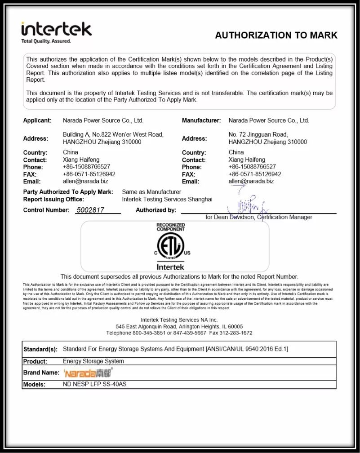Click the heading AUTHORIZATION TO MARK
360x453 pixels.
click(x=276, y=36)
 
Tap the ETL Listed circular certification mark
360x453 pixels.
click(x=170, y=247)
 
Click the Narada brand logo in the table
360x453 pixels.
click(x=88, y=373)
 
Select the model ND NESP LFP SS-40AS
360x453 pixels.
click(x=98, y=384)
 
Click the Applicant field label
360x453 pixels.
click(x=37, y=120)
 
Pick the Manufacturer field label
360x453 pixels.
click(x=201, y=120)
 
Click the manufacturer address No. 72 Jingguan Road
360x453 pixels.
click(x=258, y=134)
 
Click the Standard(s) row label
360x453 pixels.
click(x=40, y=349)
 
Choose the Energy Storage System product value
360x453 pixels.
click(x=93, y=361)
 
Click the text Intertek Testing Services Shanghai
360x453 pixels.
click(x=167, y=199)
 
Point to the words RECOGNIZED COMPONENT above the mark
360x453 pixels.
click(x=170, y=227)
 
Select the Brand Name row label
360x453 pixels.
click(x=41, y=373)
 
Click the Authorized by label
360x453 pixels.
click(x=156, y=210)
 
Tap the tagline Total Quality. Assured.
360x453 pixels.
click(x=46, y=41)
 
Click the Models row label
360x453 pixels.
click(x=34, y=384)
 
